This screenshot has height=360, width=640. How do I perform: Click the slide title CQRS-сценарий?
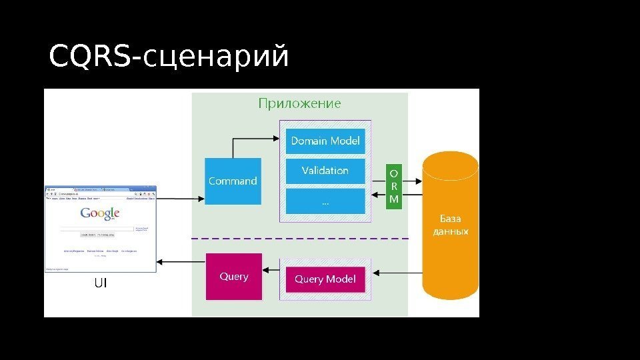pyautogui.click(x=169, y=57)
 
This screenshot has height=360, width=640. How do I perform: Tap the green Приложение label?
pyautogui.click(x=299, y=103)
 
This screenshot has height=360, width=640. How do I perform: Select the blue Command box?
pyautogui.click(x=233, y=181)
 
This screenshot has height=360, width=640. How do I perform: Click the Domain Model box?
pyautogui.click(x=325, y=141)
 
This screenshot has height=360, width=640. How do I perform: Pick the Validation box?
pyautogui.click(x=325, y=171)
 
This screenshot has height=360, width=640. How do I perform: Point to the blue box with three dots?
pyautogui.click(x=325, y=201)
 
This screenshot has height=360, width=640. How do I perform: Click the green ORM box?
pyautogui.click(x=394, y=186)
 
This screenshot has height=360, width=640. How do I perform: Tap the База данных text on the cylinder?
pyautogui.click(x=451, y=225)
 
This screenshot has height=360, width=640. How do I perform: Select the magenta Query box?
pyautogui.click(x=234, y=277)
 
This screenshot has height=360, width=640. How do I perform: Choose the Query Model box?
pyautogui.click(x=325, y=279)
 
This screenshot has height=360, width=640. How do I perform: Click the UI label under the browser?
pyautogui.click(x=100, y=283)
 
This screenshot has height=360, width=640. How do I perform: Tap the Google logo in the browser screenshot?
pyautogui.click(x=100, y=213)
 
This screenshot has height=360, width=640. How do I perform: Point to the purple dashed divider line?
pyautogui.click(x=300, y=238)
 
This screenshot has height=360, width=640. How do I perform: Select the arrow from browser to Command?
pyautogui.click(x=180, y=198)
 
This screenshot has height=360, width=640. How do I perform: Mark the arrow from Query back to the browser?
pyautogui.click(x=180, y=263)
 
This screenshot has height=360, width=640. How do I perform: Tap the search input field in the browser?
pyautogui.click(x=97, y=228)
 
